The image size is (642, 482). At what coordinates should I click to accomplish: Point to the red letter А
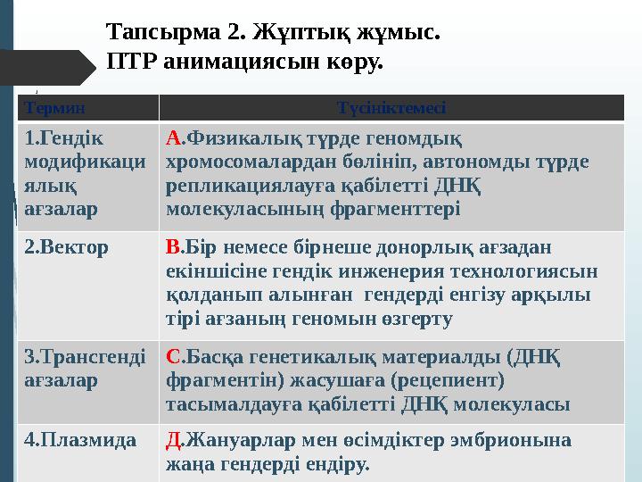[x=174, y=139]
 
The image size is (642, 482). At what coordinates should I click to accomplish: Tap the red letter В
[x=173, y=247]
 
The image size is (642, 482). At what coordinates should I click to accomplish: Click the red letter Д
[x=174, y=439]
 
